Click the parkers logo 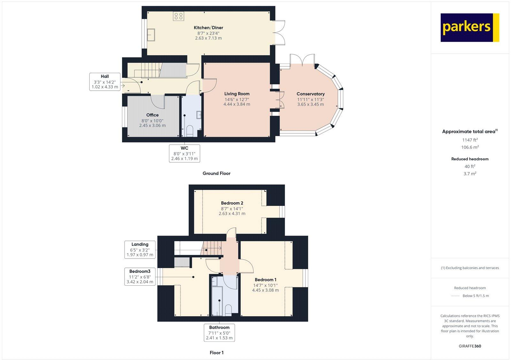click(x=469, y=27)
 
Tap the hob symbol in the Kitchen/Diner click(x=179, y=16)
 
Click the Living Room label click(x=237, y=94)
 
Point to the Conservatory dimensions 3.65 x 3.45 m click(x=310, y=104)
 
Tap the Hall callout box click(x=105, y=81)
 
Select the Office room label click(x=152, y=115)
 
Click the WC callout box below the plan click(x=184, y=153)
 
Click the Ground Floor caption click(x=216, y=174)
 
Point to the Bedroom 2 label click(x=232, y=203)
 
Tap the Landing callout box click(x=140, y=250)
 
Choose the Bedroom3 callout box click(x=140, y=276)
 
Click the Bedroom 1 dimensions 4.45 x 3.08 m click(x=265, y=290)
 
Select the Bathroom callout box click(x=219, y=332)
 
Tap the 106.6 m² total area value click(x=470, y=147)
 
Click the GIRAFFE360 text click(x=470, y=346)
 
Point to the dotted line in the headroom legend click(x=455, y=296)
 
